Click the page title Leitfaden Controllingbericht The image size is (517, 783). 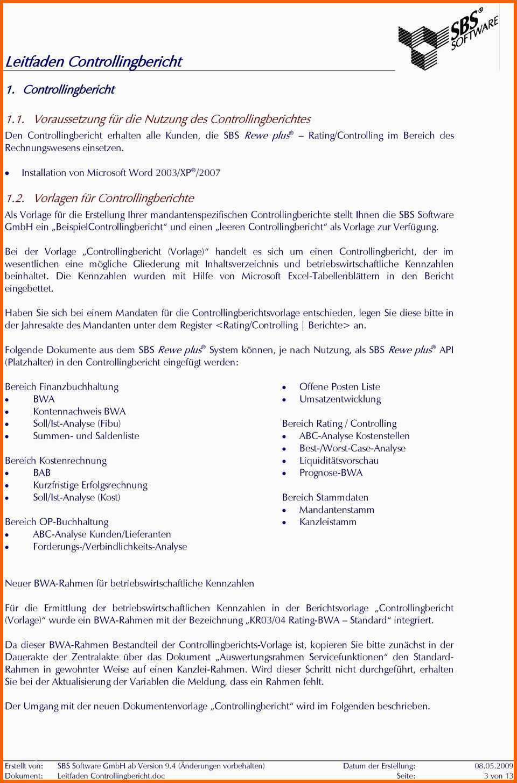(x=94, y=62)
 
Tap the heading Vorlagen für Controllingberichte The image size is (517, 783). (x=113, y=198)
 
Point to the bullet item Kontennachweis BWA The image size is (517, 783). (x=79, y=411)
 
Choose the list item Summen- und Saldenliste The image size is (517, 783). (x=86, y=436)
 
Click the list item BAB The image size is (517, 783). (x=42, y=472)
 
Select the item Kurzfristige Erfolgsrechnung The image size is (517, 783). (x=90, y=485)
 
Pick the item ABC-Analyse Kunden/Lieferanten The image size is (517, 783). (x=102, y=534)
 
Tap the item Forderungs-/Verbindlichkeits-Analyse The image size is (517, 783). (x=110, y=546)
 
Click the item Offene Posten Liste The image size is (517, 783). (x=339, y=386)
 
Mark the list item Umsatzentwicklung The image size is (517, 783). (x=340, y=399)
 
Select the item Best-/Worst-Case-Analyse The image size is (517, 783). (x=352, y=448)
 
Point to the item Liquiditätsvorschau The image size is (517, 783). (x=339, y=461)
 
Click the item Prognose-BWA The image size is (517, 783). (x=331, y=472)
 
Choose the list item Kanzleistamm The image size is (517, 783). (x=327, y=522)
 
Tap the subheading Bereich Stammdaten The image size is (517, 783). (x=325, y=497)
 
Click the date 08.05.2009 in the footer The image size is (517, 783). (x=493, y=766)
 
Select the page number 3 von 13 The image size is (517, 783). (x=498, y=775)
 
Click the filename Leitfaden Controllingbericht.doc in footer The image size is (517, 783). (x=111, y=775)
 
